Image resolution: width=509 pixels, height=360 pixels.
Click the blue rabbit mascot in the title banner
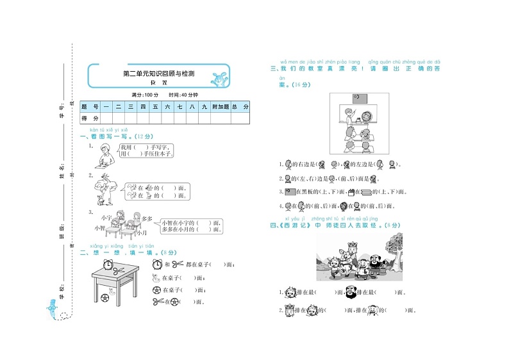pyautogui.click(x=221, y=78)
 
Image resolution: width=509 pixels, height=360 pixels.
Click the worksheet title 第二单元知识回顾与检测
pyautogui.click(x=158, y=74)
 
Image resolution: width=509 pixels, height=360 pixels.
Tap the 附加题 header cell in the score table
pyautogui.click(x=219, y=106)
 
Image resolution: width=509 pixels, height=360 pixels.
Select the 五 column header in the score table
pyautogui.click(x=155, y=106)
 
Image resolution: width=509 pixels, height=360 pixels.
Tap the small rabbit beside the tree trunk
pyautogui.click(x=99, y=200)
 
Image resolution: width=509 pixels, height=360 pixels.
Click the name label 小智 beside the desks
pyautogui.click(x=99, y=227)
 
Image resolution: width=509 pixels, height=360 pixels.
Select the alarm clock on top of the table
pyautogui.click(x=109, y=264)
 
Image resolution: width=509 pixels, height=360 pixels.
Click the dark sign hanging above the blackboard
pyautogui.click(x=358, y=99)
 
